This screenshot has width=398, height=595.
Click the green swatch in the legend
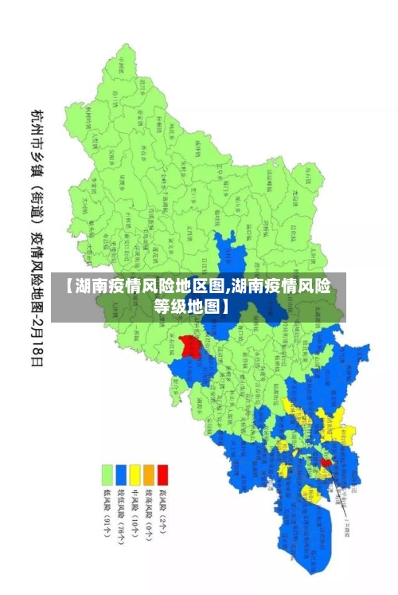coord(106,476)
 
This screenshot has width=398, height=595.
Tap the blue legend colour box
coord(121,476)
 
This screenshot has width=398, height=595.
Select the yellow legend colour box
coord(135,476)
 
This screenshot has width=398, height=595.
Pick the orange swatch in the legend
coord(148,476)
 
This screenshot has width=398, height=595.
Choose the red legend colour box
coord(162,476)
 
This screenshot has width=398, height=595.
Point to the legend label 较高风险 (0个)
coord(148,514)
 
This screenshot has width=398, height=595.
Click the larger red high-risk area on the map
coord(189,346)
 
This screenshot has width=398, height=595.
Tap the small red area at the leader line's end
coord(326,462)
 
